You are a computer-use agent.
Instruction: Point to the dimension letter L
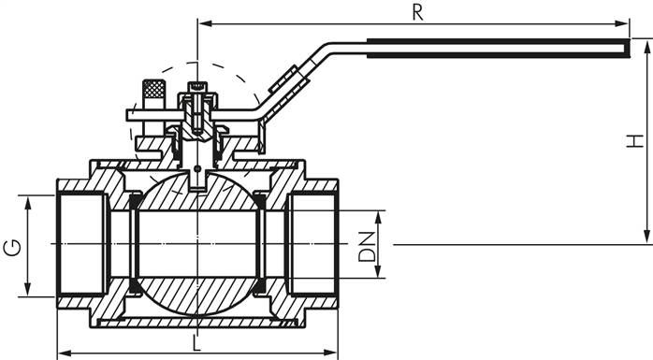pos(195,342)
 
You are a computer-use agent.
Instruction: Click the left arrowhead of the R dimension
pos(202,23)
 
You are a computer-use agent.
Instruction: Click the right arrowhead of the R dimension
pos(624,23)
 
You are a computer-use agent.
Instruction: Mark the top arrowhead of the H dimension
pos(646,43)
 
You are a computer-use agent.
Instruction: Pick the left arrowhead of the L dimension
pos(64,354)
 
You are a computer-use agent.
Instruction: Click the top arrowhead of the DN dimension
pos(380,215)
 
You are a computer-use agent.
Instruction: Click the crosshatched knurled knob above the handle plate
pos(152,93)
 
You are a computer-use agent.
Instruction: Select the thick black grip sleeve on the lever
pos(496,48)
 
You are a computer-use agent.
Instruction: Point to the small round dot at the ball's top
pos(197,169)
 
